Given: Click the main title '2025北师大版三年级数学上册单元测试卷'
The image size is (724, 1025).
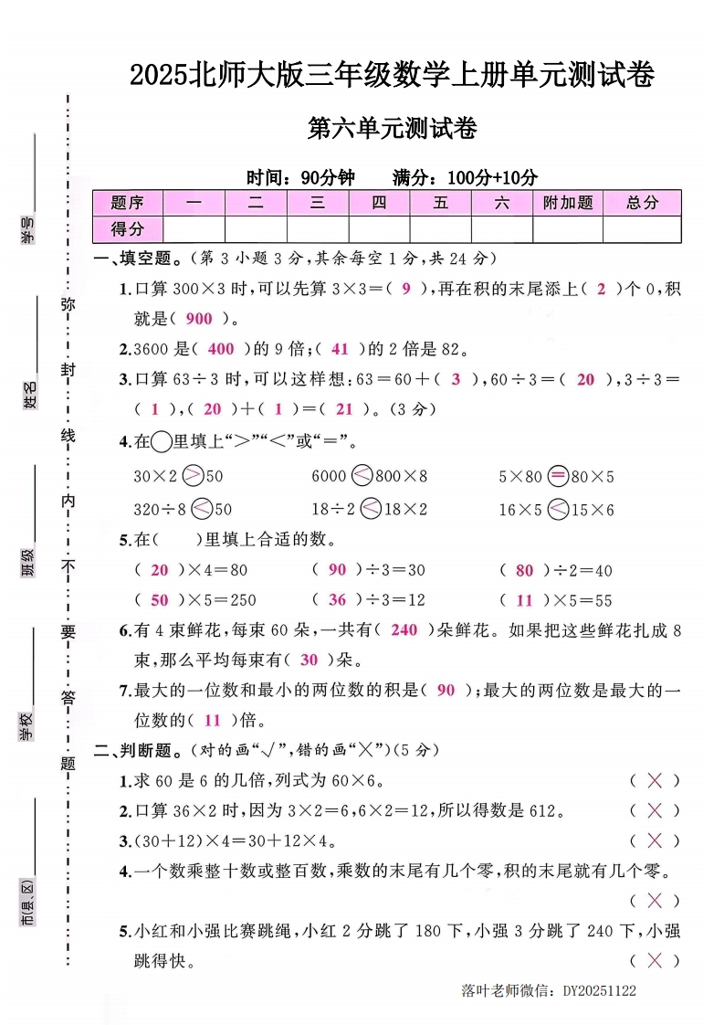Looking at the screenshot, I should [x=392, y=75].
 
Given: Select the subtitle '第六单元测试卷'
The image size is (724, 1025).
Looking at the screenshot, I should [x=393, y=130].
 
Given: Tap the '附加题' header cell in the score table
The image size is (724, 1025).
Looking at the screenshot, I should [x=567, y=203].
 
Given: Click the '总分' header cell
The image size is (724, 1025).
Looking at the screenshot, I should [x=642, y=203].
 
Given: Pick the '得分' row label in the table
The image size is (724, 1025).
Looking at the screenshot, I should [x=127, y=228].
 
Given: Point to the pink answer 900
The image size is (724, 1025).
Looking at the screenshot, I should [x=198, y=319].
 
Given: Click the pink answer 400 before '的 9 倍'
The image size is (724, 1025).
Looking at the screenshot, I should [x=221, y=348].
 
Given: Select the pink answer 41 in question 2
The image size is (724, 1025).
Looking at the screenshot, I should [x=340, y=348].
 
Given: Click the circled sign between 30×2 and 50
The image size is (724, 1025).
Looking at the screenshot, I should [x=193, y=476].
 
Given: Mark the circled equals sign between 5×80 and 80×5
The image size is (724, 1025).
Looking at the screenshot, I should [x=557, y=476].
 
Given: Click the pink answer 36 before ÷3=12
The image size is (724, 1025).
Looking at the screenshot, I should [x=338, y=599].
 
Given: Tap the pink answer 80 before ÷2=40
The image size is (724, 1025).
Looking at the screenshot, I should [x=524, y=570].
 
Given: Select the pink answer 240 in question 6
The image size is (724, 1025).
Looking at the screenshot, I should [x=404, y=629].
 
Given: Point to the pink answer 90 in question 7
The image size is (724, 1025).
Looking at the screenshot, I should [x=446, y=690].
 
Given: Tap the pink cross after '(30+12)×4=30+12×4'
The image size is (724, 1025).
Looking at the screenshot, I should [x=654, y=840].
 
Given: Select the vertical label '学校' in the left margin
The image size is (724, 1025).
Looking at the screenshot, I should [x=28, y=727].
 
